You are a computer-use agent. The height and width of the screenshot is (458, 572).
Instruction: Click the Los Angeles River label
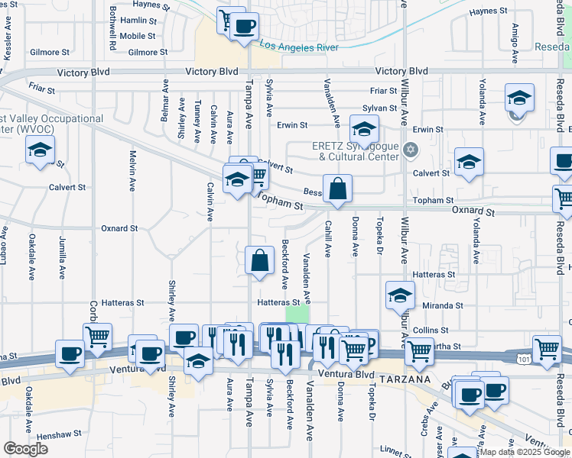tap(299, 46)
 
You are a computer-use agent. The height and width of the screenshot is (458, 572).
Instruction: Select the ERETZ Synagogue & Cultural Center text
tap(356, 151)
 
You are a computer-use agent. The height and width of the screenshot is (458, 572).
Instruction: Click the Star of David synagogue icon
tap(411, 148)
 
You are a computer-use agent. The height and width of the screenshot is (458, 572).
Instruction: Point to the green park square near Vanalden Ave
tap(297, 315)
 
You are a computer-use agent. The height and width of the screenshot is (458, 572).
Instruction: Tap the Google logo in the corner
tap(25, 449)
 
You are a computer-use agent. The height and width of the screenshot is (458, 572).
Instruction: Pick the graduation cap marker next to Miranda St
tap(400, 295)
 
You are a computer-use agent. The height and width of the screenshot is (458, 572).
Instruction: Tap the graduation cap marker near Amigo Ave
tap(519, 98)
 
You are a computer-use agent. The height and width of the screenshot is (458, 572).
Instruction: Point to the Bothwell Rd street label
tap(112, 31)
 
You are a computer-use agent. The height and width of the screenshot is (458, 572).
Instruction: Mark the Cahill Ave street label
tap(328, 239)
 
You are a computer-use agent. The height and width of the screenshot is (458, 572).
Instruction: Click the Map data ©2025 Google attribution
tap(525, 452)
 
